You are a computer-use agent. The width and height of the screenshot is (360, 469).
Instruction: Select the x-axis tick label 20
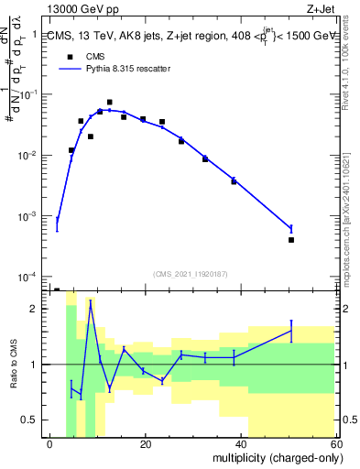click(145, 444)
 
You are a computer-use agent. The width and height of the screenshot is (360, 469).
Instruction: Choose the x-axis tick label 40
click(241, 444)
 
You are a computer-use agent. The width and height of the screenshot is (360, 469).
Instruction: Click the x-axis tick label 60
click(336, 444)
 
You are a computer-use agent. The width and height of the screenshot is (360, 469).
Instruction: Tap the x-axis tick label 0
click(49, 444)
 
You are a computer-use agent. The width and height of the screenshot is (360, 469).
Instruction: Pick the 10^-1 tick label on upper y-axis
click(31, 94)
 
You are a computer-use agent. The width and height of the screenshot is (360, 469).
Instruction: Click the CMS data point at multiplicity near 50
click(291, 240)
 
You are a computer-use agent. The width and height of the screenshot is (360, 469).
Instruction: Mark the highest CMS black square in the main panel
click(109, 103)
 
